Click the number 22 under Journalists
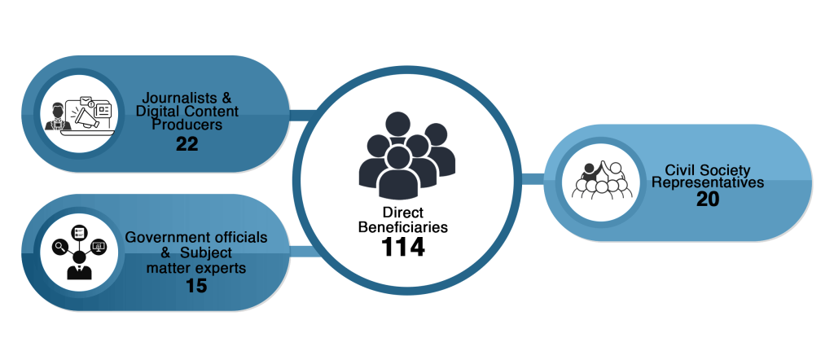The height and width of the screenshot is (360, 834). click(187, 144)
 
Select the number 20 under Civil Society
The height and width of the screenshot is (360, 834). click(708, 200)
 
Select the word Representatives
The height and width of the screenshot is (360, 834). click(708, 182)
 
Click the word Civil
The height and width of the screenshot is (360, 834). click(680, 170)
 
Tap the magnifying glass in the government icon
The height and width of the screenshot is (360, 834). click(59, 245)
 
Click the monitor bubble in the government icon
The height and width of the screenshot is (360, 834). click(99, 245)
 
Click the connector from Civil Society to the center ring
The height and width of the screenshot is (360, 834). click(533, 178)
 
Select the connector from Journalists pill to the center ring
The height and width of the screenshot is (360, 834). click(303, 114)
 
